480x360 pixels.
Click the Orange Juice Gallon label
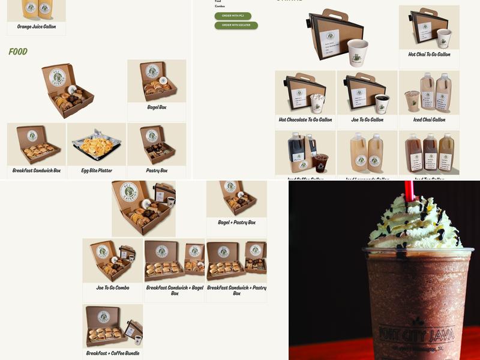(37, 27)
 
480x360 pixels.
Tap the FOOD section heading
(18, 52)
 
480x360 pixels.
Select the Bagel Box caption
(157, 107)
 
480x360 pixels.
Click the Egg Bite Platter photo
(97, 145)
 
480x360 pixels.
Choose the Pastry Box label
(157, 171)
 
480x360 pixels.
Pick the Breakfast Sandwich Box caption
(37, 171)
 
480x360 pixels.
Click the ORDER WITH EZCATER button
(236, 25)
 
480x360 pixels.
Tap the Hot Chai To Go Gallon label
(429, 55)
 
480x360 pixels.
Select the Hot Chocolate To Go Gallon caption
(305, 120)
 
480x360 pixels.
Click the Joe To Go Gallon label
(367, 120)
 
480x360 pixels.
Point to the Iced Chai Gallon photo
(429, 93)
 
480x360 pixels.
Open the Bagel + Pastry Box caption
(236, 223)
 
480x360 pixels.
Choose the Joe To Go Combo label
(113, 288)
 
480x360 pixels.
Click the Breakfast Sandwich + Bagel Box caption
(175, 290)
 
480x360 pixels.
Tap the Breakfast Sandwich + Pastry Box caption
(236, 290)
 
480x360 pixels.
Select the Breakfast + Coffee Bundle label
(113, 353)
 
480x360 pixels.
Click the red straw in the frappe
(410, 191)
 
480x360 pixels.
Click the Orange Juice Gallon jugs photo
(37, 9)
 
